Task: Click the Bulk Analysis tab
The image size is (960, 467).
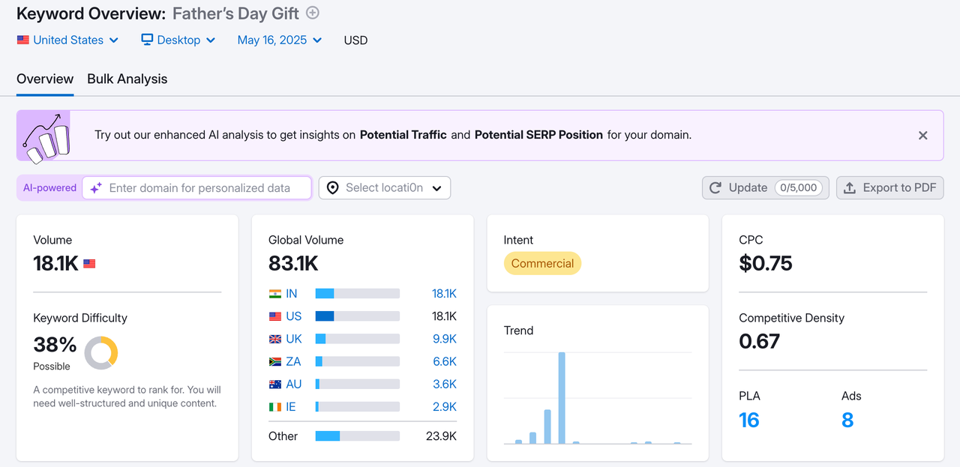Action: [127, 79]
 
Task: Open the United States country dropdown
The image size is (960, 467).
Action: [67, 40]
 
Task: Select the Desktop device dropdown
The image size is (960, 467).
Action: [178, 40]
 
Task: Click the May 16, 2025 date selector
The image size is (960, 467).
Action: [279, 40]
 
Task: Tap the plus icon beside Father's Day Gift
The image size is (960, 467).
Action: [313, 13]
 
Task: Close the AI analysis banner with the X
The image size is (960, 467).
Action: [923, 136]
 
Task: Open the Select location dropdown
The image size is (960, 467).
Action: [385, 188]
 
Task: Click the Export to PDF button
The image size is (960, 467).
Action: [890, 188]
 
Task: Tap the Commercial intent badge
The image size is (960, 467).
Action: [542, 264]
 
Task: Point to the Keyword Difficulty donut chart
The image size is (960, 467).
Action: [101, 352]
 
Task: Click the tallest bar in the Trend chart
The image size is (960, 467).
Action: [562, 397]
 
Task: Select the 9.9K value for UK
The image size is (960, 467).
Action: [444, 339]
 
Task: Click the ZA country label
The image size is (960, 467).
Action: [293, 361]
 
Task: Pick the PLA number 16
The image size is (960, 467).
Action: [749, 420]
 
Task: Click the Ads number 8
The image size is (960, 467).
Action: [847, 420]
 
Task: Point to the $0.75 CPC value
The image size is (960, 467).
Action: [766, 263]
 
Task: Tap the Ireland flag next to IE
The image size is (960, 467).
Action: [275, 406]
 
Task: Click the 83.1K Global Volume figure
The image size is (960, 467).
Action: [293, 263]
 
